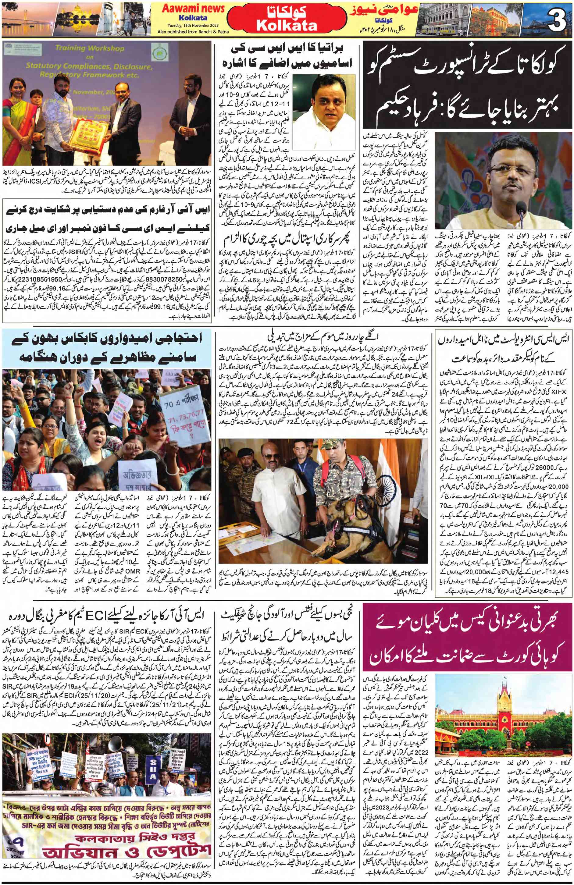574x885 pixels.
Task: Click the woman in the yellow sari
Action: coord(14,123)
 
